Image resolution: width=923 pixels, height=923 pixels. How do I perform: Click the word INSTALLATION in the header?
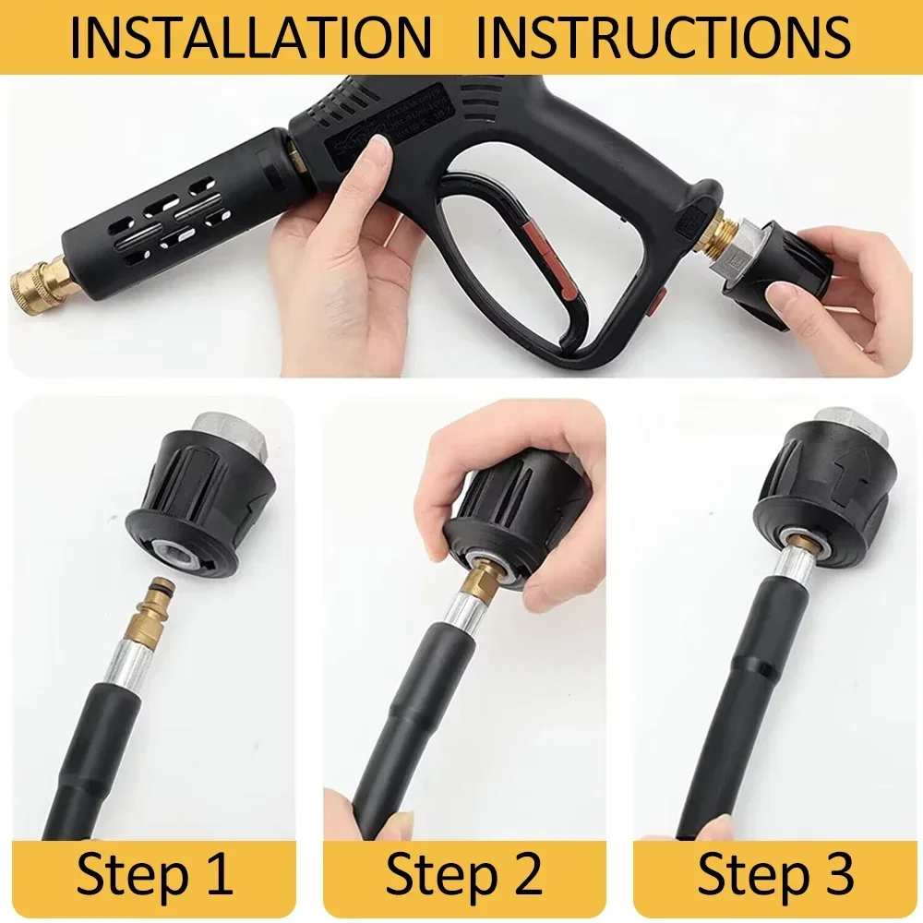click(x=250, y=37)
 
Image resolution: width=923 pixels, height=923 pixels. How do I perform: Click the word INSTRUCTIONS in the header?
click(x=663, y=37)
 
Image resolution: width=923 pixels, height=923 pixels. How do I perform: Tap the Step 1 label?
click(x=154, y=875)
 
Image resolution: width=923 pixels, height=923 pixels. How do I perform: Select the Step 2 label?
click(x=463, y=875)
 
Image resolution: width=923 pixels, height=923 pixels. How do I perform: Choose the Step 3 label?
click(x=774, y=875)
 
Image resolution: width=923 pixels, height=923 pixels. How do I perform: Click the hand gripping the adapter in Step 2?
click(x=480, y=480)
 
